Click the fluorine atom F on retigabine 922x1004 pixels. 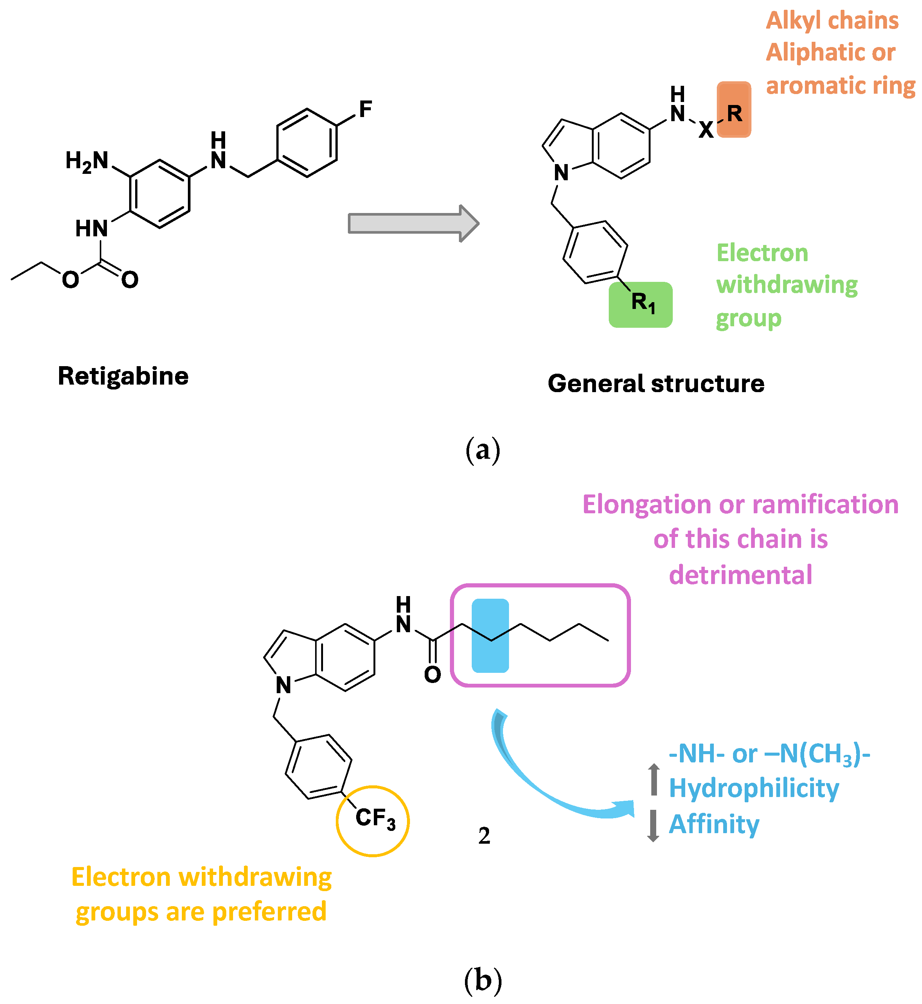[x=365, y=109]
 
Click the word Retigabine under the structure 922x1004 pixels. [x=123, y=376]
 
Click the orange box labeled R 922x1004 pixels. [x=734, y=110]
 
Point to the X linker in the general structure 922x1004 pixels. [x=706, y=130]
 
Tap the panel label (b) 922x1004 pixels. [x=482, y=981]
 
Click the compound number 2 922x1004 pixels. [x=484, y=836]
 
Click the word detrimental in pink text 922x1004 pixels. [x=741, y=575]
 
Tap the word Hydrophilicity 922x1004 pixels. [x=754, y=788]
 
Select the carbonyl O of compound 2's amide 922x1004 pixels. [x=433, y=675]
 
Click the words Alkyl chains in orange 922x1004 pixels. [x=832, y=21]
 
